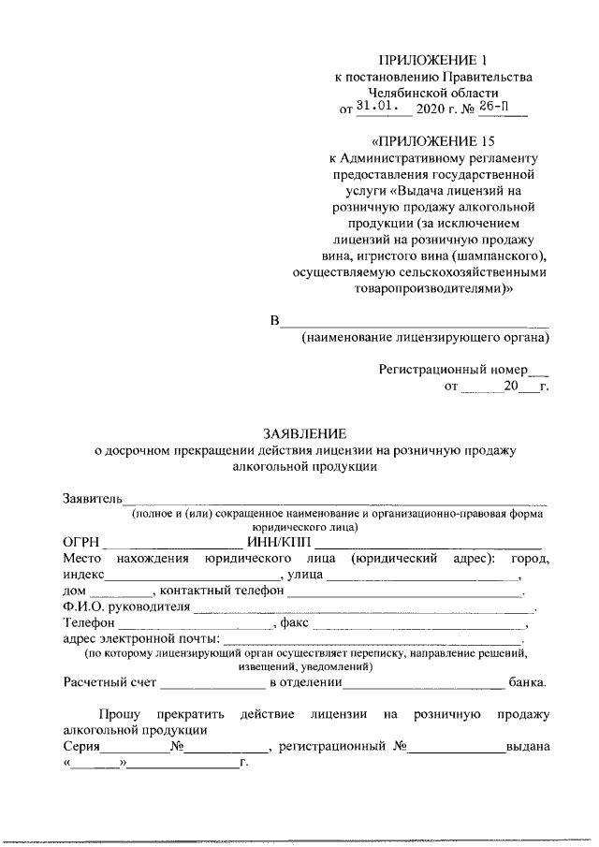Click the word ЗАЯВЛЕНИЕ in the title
tap(304, 433)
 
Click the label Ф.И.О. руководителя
tap(124, 606)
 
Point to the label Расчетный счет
tap(108, 682)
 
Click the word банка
tap(528, 682)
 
